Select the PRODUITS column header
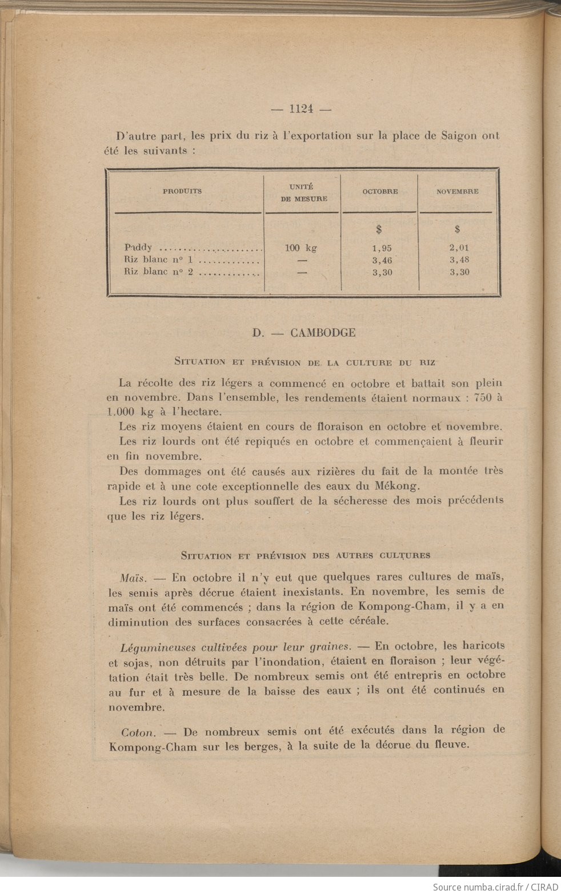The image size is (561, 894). click(x=182, y=191)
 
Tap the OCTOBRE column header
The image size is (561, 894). click(x=380, y=192)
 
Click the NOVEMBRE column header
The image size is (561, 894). click(x=457, y=192)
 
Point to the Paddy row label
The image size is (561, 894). click(x=138, y=248)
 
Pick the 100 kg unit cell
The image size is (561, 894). click(x=301, y=248)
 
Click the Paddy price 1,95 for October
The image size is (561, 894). click(x=382, y=248)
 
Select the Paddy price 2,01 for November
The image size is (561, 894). click(x=459, y=248)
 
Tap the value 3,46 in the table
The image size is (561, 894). click(x=382, y=260)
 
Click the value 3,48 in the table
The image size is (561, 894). click(x=459, y=260)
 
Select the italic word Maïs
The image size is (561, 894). click(x=133, y=578)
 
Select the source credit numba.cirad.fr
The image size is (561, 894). click(x=492, y=887)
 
